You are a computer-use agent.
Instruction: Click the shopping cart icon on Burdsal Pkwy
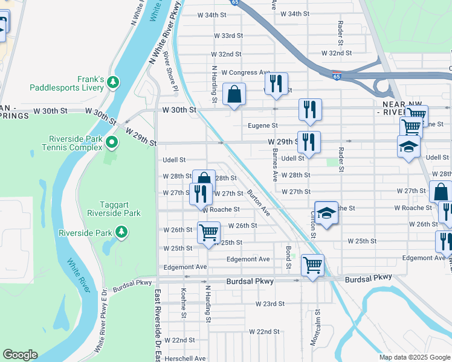[x=312, y=265]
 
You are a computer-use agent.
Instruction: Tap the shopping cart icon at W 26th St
[x=208, y=232]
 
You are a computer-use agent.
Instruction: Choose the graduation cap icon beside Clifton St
[x=326, y=213]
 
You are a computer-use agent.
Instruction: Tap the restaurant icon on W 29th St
[x=308, y=142]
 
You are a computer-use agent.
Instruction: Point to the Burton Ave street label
[x=259, y=202]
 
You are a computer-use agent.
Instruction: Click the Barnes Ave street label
[x=274, y=165]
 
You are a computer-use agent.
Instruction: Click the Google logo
[x=20, y=355]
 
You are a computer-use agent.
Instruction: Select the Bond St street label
[x=289, y=257]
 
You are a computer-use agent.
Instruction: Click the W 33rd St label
[x=228, y=36]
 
